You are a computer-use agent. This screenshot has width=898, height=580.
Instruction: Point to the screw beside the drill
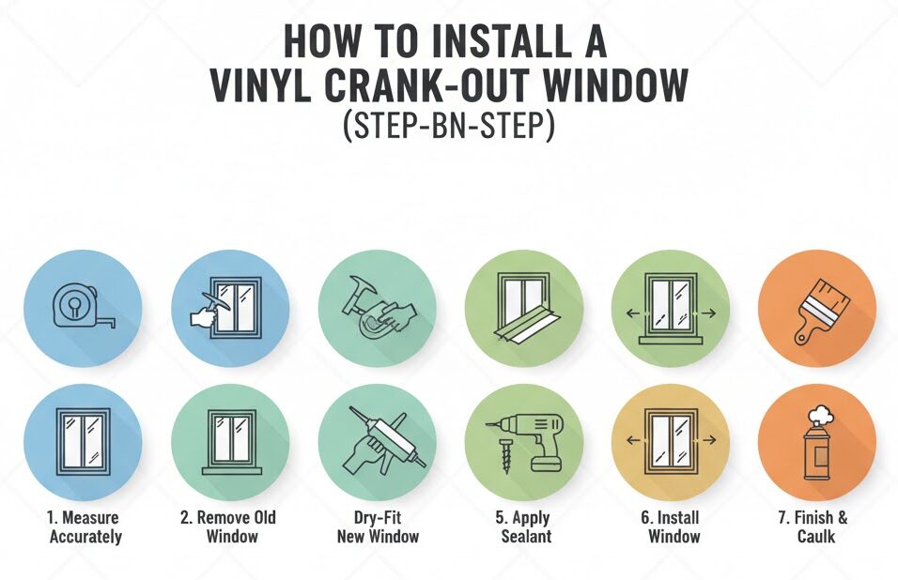tap(505, 456)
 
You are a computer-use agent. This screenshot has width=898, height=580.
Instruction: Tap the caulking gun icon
tap(383, 437)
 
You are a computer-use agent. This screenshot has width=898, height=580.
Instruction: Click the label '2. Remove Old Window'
tap(228, 527)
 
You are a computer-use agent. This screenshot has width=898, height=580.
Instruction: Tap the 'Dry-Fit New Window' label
tap(378, 527)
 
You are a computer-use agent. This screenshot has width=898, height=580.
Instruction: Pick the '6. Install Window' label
tap(673, 527)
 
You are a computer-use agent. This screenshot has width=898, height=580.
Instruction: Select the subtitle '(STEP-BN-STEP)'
tap(449, 127)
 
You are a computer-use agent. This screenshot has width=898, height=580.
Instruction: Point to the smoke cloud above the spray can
tap(819, 414)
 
